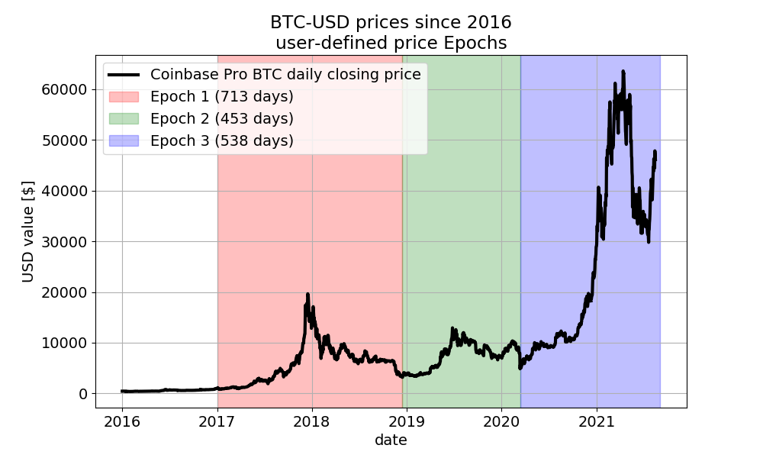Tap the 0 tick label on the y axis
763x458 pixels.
click(82, 394)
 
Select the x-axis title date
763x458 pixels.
click(391, 440)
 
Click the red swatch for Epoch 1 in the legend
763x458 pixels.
click(124, 97)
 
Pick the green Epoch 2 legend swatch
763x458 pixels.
click(124, 119)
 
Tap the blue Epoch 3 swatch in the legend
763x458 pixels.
click(124, 141)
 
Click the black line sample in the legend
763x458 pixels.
click(124, 75)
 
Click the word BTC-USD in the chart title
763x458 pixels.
click(304, 23)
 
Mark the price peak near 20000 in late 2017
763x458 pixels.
click(307, 294)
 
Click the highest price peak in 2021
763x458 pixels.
click(623, 72)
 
